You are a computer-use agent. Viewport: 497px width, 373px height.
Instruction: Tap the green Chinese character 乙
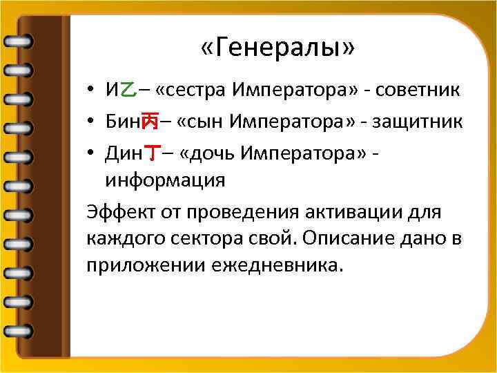click(x=128, y=90)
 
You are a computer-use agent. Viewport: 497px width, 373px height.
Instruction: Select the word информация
click(x=165, y=181)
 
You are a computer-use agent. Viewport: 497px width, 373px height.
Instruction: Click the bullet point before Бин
click(x=91, y=122)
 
